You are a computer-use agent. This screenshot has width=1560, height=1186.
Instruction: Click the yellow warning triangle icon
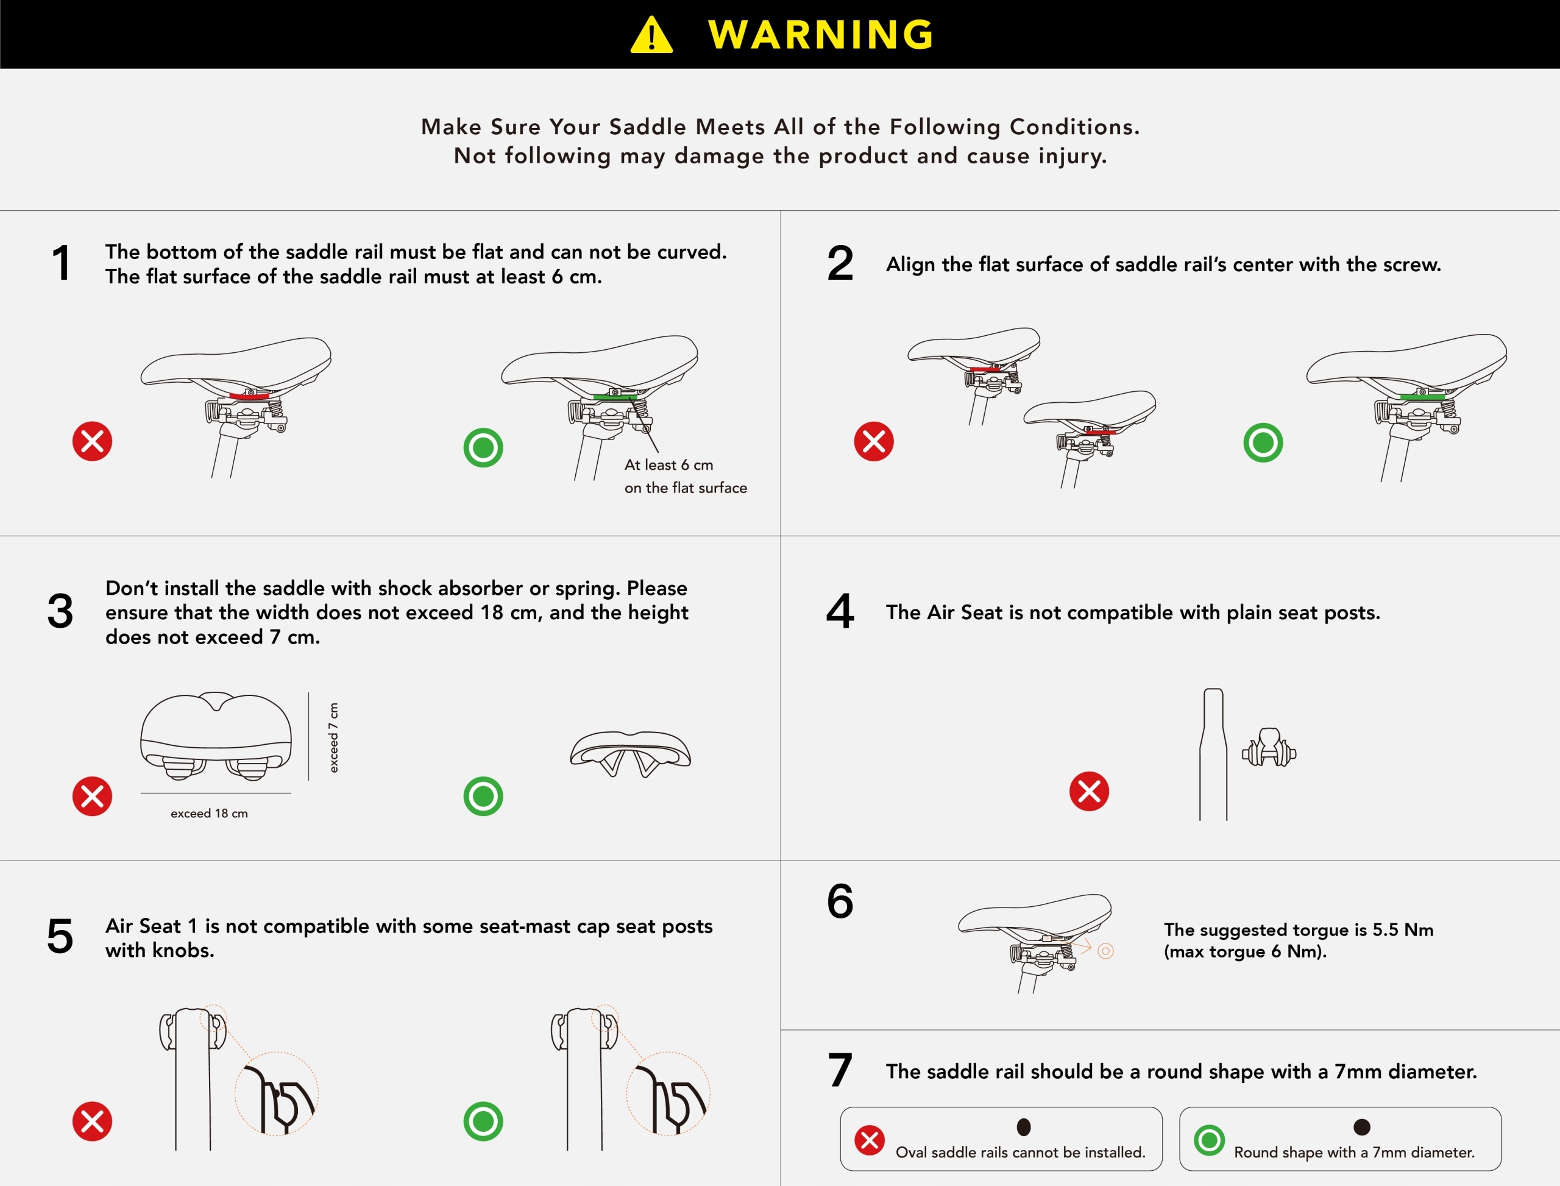coord(651,35)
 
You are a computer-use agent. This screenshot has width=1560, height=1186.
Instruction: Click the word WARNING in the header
coord(821,35)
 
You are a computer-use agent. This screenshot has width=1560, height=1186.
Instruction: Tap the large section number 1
coord(62,263)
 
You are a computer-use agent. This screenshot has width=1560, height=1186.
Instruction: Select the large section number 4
coord(840,611)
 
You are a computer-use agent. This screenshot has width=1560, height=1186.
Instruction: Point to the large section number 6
coord(840,901)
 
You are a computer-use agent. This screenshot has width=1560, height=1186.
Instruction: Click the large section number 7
coord(840,1070)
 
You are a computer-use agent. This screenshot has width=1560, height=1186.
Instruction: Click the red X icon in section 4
coord(1089,790)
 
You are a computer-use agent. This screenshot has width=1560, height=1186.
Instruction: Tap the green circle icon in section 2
coord(1263,442)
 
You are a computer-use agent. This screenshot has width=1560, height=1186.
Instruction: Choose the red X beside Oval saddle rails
coord(870,1140)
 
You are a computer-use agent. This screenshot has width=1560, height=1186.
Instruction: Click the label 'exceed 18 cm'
coord(209,813)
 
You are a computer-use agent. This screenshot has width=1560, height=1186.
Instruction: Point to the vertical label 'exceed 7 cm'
coord(334,737)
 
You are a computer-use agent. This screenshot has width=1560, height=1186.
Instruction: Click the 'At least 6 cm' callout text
coord(668,464)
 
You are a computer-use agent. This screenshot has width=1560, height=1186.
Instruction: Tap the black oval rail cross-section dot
coord(1024,1127)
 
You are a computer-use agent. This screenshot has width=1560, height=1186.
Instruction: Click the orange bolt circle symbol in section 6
coord(1105,951)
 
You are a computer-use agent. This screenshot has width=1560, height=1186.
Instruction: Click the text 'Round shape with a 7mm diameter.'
coord(1354,1152)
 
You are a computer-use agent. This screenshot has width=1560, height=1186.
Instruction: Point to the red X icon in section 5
coord(93,1121)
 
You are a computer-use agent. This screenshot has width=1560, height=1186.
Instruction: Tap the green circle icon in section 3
coord(483,797)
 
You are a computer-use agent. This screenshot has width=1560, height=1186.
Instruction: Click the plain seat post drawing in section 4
coord(1213,754)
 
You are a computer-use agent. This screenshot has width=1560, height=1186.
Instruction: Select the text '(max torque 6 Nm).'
coord(1245,951)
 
